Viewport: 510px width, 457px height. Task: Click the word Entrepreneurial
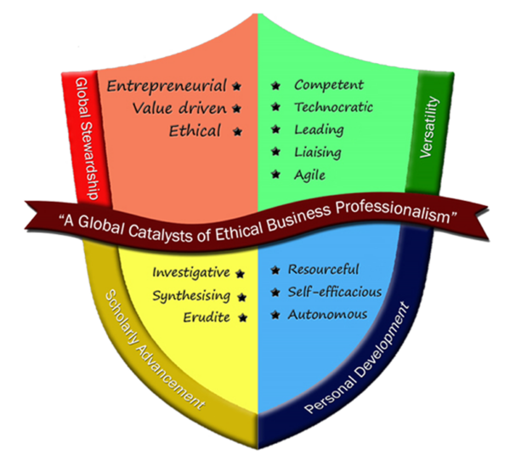point(167,86)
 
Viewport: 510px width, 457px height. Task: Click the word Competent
point(329,85)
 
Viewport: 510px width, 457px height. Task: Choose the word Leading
point(319,130)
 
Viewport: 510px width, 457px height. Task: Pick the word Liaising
point(318,152)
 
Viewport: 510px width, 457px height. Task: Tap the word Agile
point(310,175)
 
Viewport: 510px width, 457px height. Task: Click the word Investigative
point(191,272)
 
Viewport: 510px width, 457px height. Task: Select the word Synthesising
point(191,295)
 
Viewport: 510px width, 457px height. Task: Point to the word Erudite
point(207,317)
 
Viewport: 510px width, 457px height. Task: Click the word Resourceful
point(324,270)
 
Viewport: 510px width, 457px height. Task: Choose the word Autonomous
point(327,314)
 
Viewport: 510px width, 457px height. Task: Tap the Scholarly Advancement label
point(153,351)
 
